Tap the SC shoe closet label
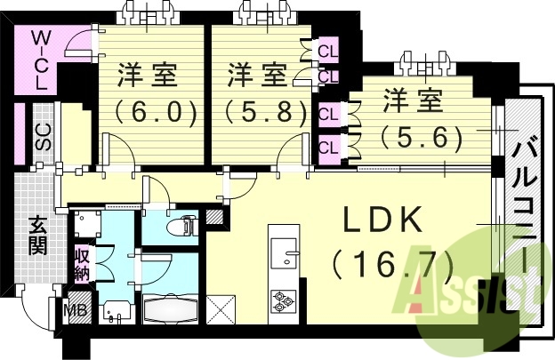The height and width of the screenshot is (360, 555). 42,136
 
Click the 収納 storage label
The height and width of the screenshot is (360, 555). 82,263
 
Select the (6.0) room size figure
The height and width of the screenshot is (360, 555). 156,113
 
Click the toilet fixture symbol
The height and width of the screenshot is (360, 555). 186,224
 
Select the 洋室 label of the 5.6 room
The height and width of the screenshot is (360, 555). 413,102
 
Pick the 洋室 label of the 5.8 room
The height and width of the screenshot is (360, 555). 255,75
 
